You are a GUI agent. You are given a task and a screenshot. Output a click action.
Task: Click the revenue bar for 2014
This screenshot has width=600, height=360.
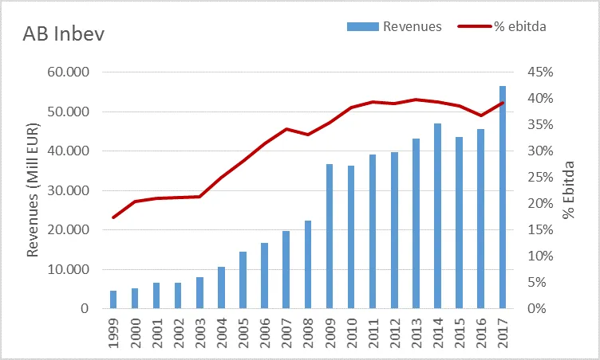438,216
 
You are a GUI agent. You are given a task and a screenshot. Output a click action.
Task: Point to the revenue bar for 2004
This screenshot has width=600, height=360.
222,288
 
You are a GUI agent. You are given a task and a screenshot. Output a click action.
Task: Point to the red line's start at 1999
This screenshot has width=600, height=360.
113,217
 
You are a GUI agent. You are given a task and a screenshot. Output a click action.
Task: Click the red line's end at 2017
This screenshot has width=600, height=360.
503,103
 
